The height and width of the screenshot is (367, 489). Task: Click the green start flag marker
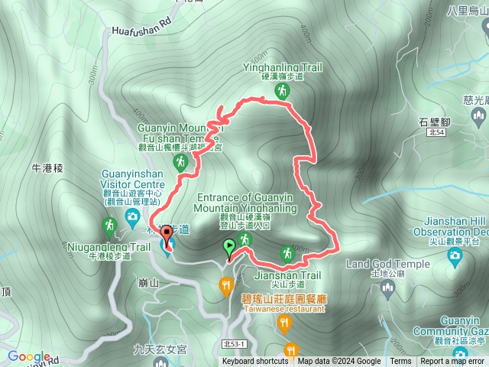pyautogui.click(x=229, y=247)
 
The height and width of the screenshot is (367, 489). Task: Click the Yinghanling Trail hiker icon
pyautogui.click(x=282, y=92)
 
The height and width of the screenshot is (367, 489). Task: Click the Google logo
pyautogui.click(x=29, y=356)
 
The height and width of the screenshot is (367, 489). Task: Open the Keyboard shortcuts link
pyautogui.click(x=255, y=362)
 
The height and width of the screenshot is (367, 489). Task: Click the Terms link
pyautogui.click(x=400, y=362)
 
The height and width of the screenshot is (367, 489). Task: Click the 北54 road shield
pyautogui.click(x=436, y=132)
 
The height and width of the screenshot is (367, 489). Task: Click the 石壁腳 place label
pyautogui.click(x=434, y=121)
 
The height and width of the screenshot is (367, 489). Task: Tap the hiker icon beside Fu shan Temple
pyautogui.click(x=181, y=161)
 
